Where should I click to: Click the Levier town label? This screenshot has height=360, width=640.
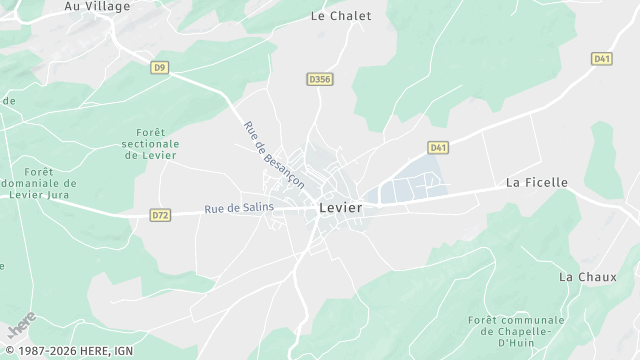[340, 208]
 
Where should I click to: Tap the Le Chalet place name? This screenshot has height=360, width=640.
[341, 16]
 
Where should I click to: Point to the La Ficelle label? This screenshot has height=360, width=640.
[536, 183]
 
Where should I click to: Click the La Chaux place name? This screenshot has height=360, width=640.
[580, 276]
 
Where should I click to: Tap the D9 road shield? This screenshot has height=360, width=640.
[160, 68]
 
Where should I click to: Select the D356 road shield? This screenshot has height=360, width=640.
[319, 78]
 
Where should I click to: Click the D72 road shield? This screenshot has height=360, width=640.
[160, 214]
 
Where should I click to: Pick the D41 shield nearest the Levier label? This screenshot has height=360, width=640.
[437, 148]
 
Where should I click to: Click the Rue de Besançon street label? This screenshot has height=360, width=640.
[273, 154]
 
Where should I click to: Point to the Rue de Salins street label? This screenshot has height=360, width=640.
[239, 208]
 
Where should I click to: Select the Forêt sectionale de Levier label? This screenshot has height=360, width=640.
[149, 143]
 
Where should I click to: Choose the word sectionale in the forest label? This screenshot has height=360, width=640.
[149, 143]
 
